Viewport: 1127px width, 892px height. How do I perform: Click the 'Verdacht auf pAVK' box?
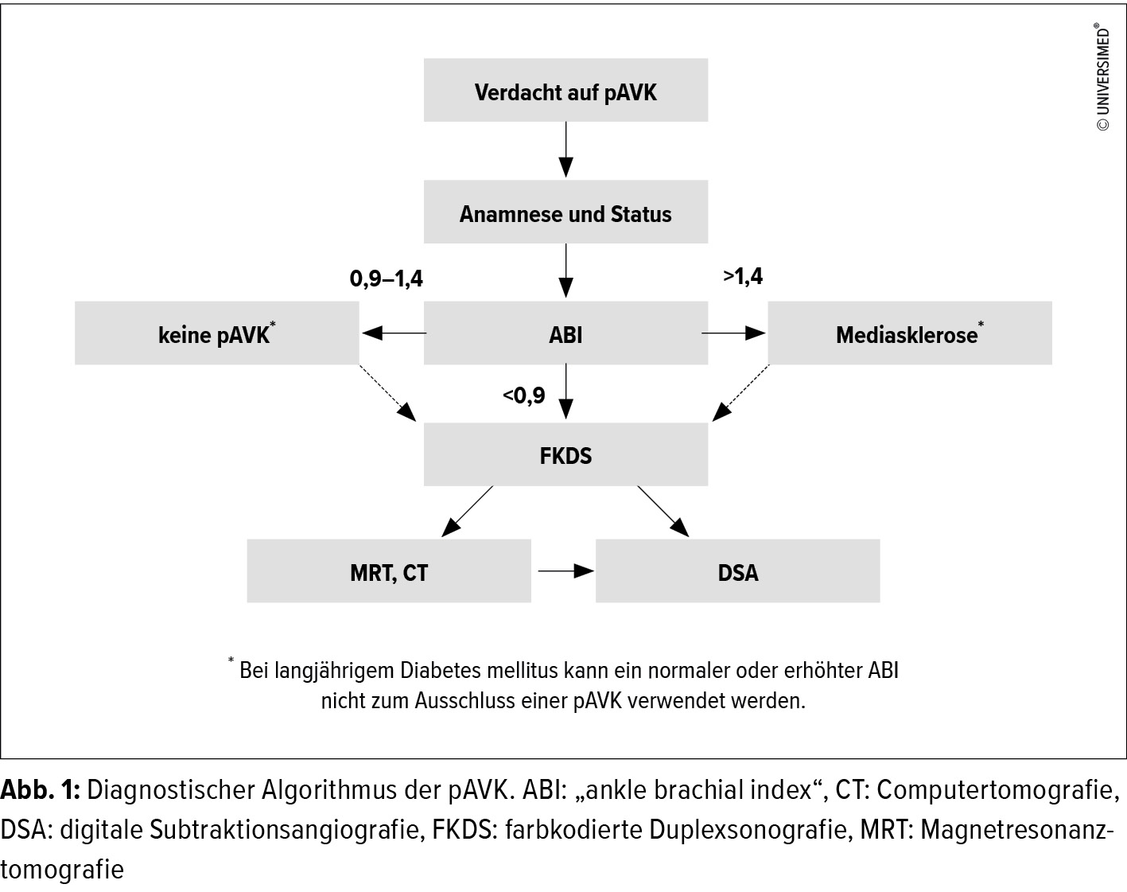click(565, 91)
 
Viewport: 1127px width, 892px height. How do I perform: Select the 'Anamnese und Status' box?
click(565, 212)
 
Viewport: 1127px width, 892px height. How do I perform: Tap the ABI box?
click(565, 333)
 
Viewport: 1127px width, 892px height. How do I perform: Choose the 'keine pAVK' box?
click(216, 333)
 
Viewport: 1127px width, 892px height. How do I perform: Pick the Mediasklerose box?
click(909, 333)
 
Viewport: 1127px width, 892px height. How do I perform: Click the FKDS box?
click(565, 454)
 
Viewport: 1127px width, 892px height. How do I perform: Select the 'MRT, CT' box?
click(388, 571)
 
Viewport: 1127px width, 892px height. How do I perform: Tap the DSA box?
click(737, 571)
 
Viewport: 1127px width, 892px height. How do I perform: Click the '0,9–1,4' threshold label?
click(387, 279)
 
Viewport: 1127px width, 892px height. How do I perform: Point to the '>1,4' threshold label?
click(743, 276)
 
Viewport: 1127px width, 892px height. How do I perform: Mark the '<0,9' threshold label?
click(524, 395)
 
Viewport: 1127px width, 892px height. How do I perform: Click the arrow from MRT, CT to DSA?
click(565, 571)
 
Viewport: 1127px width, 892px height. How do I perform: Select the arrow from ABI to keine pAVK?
click(394, 333)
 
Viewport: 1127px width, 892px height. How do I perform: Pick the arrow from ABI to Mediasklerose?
click(733, 333)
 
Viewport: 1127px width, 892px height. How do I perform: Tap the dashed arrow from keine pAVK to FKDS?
click(387, 393)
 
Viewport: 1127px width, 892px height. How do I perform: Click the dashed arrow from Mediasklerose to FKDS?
click(740, 393)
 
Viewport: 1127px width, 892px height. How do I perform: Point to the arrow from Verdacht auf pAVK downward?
click(565, 150)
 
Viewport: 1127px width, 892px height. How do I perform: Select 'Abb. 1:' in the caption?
click(40, 790)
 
